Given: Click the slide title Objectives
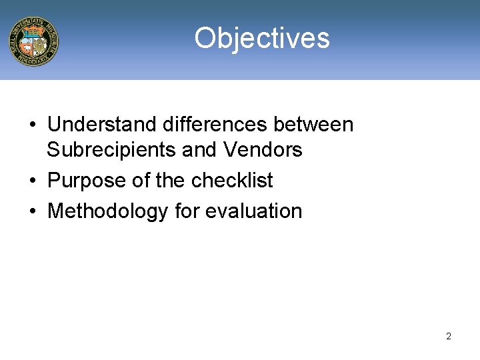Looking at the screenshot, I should pyautogui.click(x=262, y=38).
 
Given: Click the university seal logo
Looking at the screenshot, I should pyautogui.click(x=33, y=41).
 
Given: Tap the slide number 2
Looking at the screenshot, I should pyautogui.click(x=448, y=336).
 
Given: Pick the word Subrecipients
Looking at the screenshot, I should pyautogui.click(x=111, y=150).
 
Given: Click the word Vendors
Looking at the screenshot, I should pyautogui.click(x=263, y=150).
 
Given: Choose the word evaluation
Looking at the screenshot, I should pyautogui.click(x=254, y=211).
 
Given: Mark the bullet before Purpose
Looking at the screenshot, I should pyautogui.click(x=32, y=181).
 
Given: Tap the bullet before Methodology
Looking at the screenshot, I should pyautogui.click(x=32, y=212).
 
